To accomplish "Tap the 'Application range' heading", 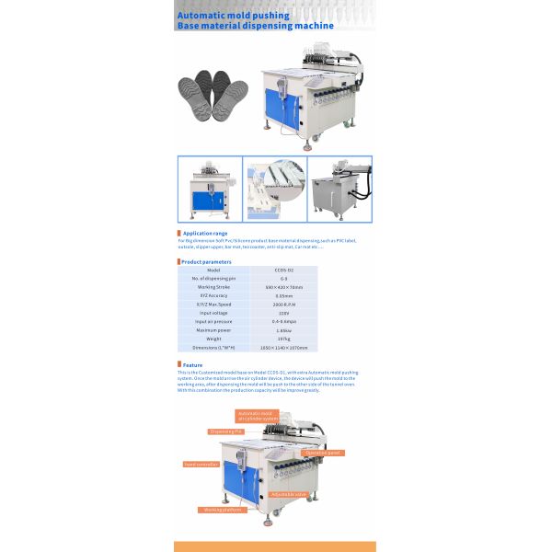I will tap(204, 234).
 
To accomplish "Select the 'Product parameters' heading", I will tap(206, 261).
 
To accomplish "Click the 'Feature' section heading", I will tap(192, 365).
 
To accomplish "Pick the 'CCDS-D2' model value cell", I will tap(283, 270).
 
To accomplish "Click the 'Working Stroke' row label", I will tap(213, 287).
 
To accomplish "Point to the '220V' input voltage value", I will tap(283, 313).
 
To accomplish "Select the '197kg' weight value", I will tap(283, 339).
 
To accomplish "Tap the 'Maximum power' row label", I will tap(213, 329).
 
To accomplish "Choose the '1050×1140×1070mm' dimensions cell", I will tap(283, 348).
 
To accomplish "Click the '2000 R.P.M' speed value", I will tap(283, 305).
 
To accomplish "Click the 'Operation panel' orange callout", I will tap(324, 453).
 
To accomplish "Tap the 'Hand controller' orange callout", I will tap(201, 465).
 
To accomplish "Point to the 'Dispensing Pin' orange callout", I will tap(225, 431).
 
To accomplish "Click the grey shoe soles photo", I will tap(213, 100).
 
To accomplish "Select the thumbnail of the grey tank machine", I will tap(339, 189).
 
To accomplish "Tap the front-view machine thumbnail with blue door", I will tap(210, 189).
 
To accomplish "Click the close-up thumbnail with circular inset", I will tap(274, 189).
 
